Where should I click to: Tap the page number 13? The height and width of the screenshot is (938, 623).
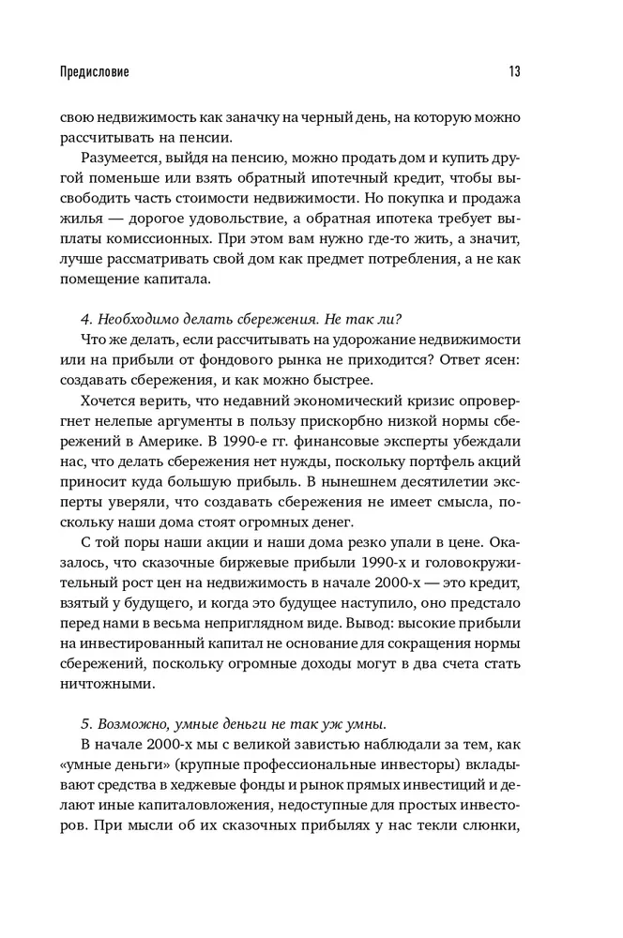(514, 71)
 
